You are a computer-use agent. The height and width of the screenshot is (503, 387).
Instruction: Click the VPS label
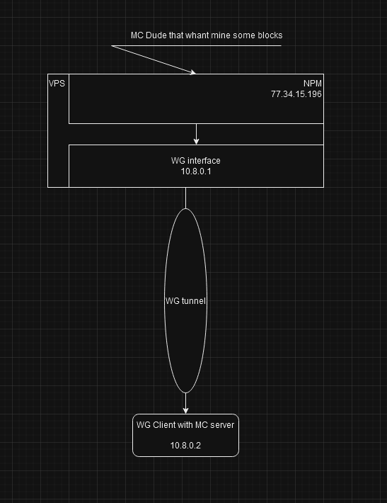coord(57,84)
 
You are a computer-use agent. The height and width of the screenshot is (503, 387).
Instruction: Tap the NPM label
coord(312,84)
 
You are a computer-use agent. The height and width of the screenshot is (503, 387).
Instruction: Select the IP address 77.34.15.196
coord(296,94)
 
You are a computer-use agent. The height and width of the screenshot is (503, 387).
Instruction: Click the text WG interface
coord(196,160)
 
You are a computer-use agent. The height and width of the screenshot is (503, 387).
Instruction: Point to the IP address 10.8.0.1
coord(196,171)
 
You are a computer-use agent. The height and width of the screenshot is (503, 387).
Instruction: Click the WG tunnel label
coord(185,301)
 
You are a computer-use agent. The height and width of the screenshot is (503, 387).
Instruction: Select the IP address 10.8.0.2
coord(185,445)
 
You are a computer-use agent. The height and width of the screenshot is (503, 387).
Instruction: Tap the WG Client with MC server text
coord(185,425)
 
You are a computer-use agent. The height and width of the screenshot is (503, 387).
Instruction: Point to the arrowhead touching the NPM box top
coord(193,72)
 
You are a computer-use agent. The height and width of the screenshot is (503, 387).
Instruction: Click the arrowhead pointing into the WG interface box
coord(197,142)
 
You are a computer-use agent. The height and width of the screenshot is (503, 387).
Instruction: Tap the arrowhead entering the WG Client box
coord(185,411)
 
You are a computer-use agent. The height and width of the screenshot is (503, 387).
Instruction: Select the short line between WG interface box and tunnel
coord(186,198)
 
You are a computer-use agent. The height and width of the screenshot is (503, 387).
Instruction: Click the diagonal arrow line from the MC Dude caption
coord(154,60)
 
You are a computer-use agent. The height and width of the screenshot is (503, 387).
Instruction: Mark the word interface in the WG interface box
coord(203,160)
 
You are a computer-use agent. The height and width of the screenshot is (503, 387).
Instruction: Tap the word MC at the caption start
coord(137,35)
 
